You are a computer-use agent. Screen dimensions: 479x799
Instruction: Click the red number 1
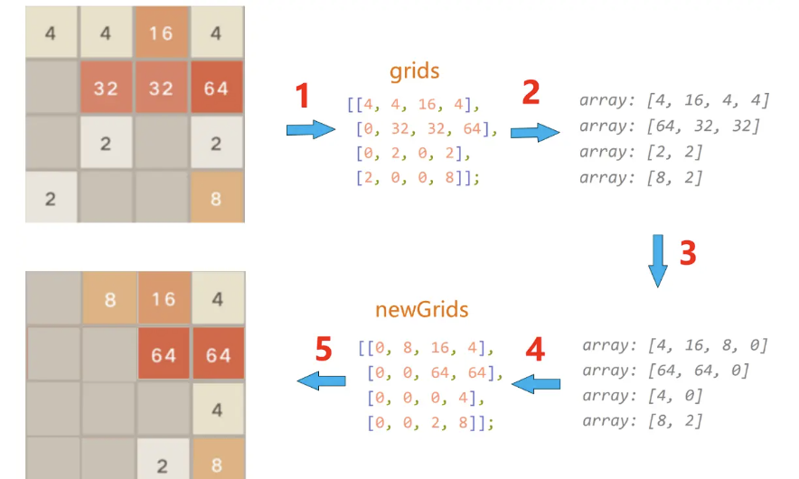[303, 95]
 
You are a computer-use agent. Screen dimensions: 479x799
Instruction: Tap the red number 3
[688, 253]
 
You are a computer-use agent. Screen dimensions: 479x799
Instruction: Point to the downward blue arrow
[658, 260]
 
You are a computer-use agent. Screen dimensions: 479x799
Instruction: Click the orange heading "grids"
[416, 71]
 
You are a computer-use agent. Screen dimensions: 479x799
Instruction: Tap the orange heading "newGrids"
[421, 309]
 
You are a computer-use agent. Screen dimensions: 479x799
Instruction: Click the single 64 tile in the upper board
[217, 88]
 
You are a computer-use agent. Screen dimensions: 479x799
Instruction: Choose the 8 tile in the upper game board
[217, 198]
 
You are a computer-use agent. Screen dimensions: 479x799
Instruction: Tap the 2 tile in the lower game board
[163, 465]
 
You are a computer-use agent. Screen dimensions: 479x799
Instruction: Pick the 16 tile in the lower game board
[163, 298]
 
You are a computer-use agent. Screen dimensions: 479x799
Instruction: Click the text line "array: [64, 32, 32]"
[670, 126]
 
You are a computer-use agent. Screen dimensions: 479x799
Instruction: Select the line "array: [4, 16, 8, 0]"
[675, 345]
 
